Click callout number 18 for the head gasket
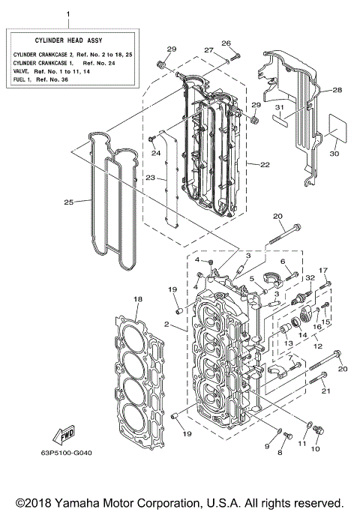137,299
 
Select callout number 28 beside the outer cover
337,90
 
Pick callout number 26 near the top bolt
226,43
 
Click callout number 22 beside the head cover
265,164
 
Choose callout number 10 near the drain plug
314,448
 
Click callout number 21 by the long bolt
325,391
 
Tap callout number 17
323,270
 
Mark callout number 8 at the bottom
281,454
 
